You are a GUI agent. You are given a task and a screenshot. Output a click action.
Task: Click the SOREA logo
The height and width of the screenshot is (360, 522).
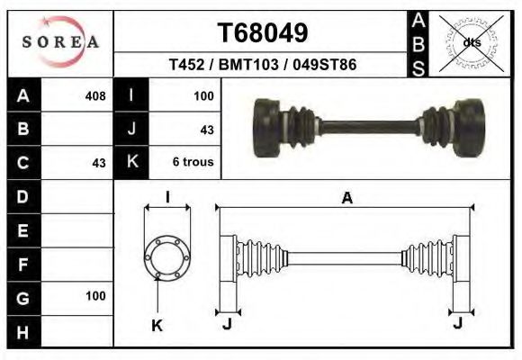coord(60,42)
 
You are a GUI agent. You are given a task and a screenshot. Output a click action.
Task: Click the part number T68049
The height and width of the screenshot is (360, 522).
coord(263,33)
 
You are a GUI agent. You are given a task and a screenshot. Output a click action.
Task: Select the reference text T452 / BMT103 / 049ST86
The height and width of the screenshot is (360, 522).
coord(263,66)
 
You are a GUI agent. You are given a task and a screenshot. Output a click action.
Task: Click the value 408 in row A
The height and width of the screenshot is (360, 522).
coord(94,96)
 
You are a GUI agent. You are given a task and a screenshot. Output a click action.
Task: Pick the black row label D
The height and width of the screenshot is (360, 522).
coord(23,195)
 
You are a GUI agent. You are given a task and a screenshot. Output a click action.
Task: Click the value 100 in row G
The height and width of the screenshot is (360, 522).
coord(95,295)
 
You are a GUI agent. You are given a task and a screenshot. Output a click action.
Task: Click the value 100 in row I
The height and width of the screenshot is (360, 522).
coord(202,96)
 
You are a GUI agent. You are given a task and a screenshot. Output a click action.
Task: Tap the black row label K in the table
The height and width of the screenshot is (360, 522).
coord(131,163)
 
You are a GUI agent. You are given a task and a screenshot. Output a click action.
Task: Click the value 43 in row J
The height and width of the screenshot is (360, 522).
coord(206,130)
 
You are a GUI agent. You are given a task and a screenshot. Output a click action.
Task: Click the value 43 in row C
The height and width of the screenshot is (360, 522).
coord(99,163)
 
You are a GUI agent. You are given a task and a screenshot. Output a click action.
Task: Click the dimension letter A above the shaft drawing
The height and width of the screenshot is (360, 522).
coord(346,199)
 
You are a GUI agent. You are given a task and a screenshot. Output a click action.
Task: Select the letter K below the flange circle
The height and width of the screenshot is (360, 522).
coord(156,326)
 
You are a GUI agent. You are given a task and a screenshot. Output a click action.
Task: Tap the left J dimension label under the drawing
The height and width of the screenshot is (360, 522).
coord(227,323)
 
